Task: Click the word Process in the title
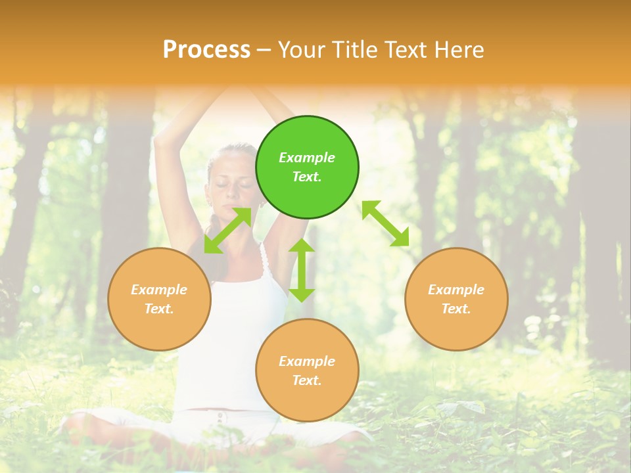coord(206,50)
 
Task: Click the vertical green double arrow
coord(302,270)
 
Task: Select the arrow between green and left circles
coord(227,231)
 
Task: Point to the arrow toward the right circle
coord(385,223)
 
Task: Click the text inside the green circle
coord(307,167)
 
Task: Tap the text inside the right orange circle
coord(456,299)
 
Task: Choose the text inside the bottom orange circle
coord(307,371)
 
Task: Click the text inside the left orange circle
coord(159,299)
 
